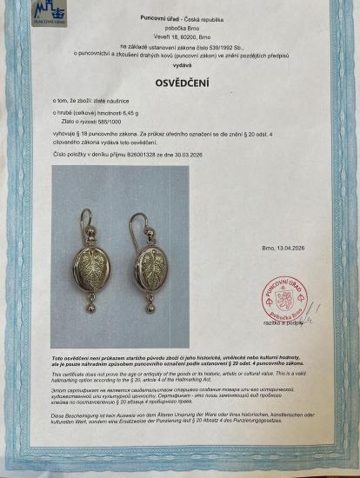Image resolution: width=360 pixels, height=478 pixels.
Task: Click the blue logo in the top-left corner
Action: (49, 13)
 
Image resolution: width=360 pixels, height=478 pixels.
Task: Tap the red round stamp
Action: (283, 295)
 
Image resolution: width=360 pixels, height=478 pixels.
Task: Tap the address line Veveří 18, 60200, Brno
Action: (181, 29)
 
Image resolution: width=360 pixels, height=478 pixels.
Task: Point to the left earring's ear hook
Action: (83, 221)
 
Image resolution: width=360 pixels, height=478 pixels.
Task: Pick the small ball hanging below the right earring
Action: (150, 306)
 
